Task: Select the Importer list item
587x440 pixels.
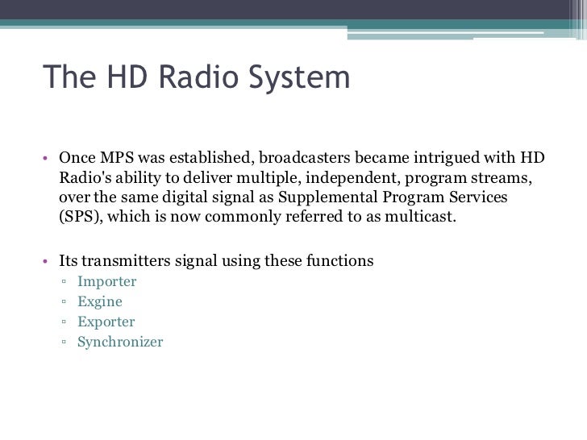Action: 107,281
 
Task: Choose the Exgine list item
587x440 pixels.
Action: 100,301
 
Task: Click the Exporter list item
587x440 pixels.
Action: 106,322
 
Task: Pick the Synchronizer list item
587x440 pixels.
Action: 120,342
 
